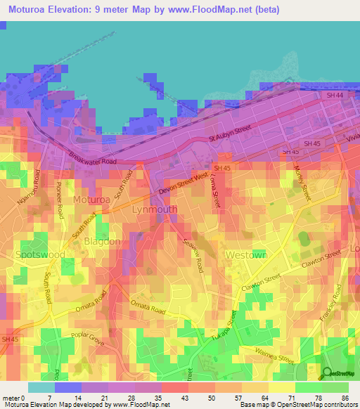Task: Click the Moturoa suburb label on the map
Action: click(92, 200)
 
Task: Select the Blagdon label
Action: click(102, 241)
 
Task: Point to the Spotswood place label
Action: click(40, 254)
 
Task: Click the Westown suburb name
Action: click(245, 254)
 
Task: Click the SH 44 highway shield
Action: click(334, 95)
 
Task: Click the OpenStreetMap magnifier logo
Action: click(326, 374)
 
